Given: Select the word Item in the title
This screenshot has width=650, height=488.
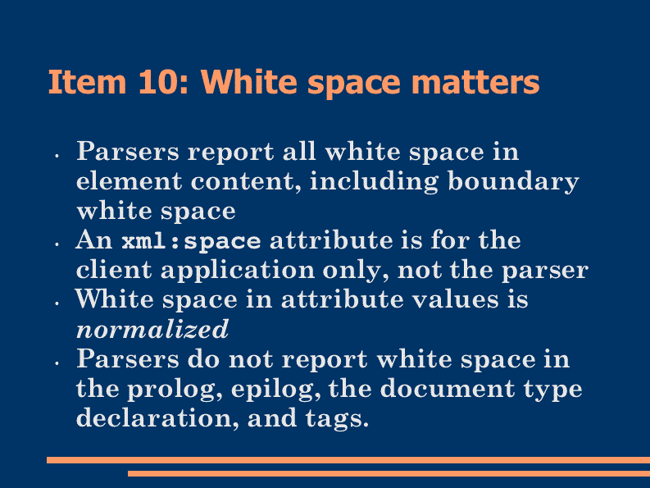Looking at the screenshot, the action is click(x=87, y=82).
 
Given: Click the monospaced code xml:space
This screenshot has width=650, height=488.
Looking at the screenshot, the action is click(x=191, y=241).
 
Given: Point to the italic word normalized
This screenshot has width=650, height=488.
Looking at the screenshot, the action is click(x=152, y=329).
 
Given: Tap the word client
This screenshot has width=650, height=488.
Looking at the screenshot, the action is click(x=114, y=270).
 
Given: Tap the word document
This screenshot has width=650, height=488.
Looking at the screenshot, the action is click(x=448, y=389).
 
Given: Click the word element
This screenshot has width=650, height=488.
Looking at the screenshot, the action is click(x=129, y=182).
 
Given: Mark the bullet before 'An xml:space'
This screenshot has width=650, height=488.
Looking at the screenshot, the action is click(x=57, y=244).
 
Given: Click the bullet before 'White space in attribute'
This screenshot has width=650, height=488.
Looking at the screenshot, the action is click(x=57, y=303).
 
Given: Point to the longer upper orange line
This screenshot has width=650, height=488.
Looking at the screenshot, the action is click(x=348, y=460).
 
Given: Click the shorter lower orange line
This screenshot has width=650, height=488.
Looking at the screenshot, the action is click(x=389, y=473).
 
